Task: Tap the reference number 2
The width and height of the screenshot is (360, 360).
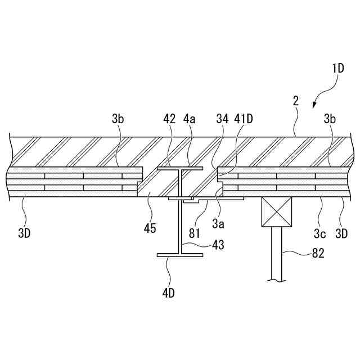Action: (x=295, y=102)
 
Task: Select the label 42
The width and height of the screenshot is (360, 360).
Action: (x=169, y=119)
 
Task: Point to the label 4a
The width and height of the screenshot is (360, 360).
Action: (x=190, y=119)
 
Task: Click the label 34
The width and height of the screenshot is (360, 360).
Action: (x=222, y=119)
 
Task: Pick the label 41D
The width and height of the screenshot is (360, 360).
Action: (x=245, y=119)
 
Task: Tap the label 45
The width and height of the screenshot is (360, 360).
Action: (x=150, y=228)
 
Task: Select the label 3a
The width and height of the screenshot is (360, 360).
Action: (x=218, y=223)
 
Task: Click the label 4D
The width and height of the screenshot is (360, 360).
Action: (x=168, y=292)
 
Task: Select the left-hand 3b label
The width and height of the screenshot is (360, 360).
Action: (x=118, y=119)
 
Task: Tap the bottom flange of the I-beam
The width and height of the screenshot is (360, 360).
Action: (x=179, y=255)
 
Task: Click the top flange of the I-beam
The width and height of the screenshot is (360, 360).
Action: (x=179, y=168)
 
